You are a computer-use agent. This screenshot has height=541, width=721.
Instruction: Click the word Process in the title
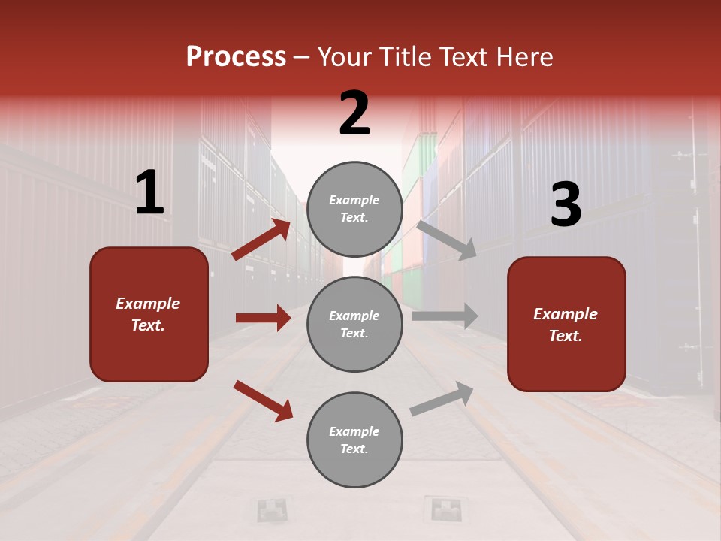tap(236, 57)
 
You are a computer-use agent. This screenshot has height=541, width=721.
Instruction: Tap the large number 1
tap(149, 193)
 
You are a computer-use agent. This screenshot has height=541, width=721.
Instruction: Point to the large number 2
tap(354, 113)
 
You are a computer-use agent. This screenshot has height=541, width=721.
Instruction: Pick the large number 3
tap(566, 204)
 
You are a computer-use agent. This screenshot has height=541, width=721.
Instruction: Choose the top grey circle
tap(354, 209)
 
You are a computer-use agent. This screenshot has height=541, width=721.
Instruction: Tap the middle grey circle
tap(354, 324)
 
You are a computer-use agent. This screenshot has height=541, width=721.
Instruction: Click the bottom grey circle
tap(354, 440)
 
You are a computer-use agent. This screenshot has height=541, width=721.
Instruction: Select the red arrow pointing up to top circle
tap(261, 240)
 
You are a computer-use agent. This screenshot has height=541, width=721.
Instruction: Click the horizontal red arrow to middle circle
tap(263, 318)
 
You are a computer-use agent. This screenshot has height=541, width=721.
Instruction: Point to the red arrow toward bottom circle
tap(263, 400)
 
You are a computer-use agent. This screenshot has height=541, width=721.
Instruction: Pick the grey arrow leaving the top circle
tap(447, 240)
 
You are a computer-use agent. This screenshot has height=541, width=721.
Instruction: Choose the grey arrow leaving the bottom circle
tap(442, 398)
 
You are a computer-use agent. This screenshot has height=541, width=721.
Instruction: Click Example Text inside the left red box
tap(148, 314)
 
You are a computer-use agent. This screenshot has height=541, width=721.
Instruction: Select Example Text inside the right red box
tap(566, 325)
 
